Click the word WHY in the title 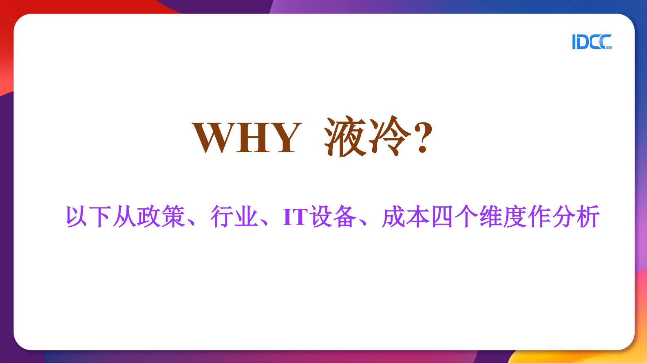pos(247,138)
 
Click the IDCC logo pos(591,42)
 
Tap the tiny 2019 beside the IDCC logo pos(609,48)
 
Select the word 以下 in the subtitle pos(89,216)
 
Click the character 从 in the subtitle pos(124,216)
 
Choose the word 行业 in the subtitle pos(234,216)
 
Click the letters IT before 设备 pos(295,216)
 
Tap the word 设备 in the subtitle pos(332,216)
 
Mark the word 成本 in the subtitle pos(406,216)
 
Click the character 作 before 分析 pos(539,216)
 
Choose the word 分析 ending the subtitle pos(576,216)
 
